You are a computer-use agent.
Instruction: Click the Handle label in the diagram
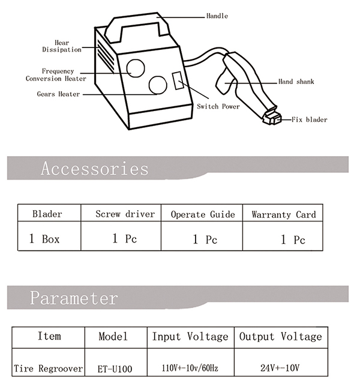(217, 16)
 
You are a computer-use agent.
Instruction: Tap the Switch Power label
(218, 106)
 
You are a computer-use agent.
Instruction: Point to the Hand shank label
(296, 82)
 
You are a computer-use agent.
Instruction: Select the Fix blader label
(309, 119)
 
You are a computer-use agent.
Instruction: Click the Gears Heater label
(58, 94)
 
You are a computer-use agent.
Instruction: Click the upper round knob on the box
(136, 68)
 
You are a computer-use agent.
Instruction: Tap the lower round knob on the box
(158, 85)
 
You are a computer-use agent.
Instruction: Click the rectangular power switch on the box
(178, 80)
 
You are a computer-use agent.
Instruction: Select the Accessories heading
(94, 169)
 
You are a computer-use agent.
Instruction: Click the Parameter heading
(74, 298)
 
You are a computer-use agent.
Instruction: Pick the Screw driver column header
(125, 214)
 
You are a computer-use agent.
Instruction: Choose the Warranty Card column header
(284, 214)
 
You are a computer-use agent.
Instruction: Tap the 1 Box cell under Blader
(44, 239)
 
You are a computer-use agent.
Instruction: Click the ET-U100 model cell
(115, 369)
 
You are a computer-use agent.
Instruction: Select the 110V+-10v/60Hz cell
(190, 368)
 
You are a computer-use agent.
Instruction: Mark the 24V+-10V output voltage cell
(280, 368)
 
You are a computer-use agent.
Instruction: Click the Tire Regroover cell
(48, 369)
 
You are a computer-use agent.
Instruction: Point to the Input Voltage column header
(190, 337)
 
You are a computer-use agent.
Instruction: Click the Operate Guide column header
(203, 214)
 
